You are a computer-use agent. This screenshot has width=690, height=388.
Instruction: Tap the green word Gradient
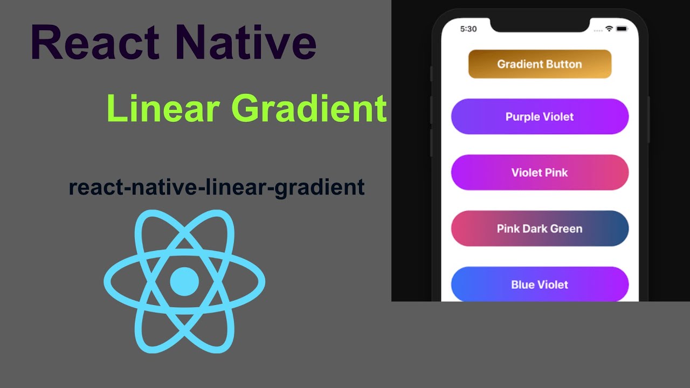pyautogui.click(x=309, y=108)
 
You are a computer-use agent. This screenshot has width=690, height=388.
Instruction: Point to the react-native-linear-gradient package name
pyautogui.click(x=217, y=188)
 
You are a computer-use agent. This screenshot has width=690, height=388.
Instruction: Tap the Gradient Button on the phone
pyautogui.click(x=540, y=64)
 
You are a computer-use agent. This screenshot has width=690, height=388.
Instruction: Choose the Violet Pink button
pyautogui.click(x=540, y=172)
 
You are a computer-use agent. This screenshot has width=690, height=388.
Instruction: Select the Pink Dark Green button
pyautogui.click(x=540, y=228)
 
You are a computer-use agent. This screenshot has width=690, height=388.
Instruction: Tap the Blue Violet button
pyautogui.click(x=540, y=284)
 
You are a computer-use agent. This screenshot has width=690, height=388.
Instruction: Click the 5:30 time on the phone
pyautogui.click(x=468, y=29)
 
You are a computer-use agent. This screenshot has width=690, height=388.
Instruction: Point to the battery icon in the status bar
pyautogui.click(x=622, y=29)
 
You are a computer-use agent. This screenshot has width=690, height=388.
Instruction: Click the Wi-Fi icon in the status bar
pyautogui.click(x=610, y=29)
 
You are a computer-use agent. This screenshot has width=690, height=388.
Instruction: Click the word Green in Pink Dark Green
pyautogui.click(x=565, y=228)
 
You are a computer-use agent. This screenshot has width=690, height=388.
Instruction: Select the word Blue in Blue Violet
pyautogui.click(x=522, y=284)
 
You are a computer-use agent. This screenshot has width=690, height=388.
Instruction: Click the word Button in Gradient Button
pyautogui.click(x=563, y=64)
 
